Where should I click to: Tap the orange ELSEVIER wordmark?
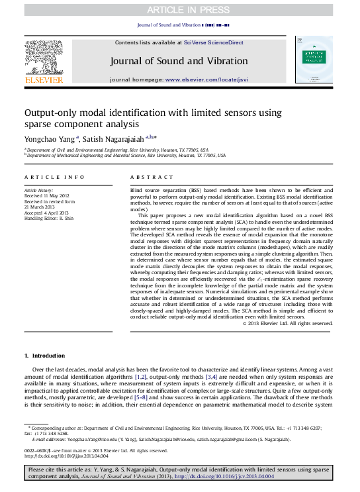point(44,80)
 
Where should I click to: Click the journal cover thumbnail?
point(314,59)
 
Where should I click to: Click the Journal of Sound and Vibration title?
point(179,62)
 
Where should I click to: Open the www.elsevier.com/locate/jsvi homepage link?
point(206,79)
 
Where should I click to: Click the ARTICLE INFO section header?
point(54,177)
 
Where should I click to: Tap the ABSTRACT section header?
point(146,177)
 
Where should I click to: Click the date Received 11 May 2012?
point(46,197)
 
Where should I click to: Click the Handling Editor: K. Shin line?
point(49,218)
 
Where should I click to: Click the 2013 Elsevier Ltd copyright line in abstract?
point(287,323)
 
